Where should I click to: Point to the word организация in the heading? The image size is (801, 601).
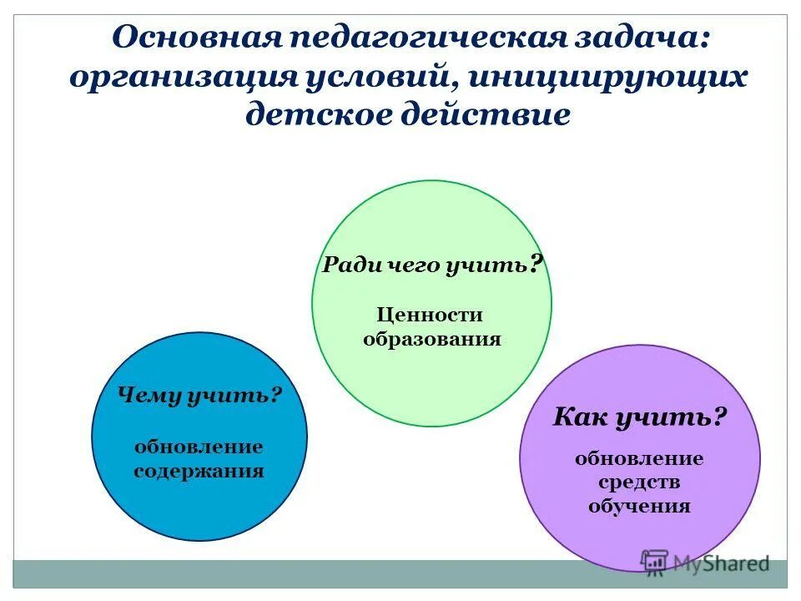coord(183,76)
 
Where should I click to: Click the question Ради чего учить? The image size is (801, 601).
coord(432,265)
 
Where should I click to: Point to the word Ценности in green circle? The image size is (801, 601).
coord(431,315)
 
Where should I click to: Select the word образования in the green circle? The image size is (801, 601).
coord(431,339)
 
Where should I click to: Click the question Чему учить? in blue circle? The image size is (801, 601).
coord(199,395)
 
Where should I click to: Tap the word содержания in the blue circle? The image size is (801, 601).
coord(199,471)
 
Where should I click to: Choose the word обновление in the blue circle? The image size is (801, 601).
coord(199,447)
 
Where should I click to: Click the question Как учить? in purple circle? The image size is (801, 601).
coord(640,417)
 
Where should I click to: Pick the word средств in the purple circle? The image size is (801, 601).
coord(639,482)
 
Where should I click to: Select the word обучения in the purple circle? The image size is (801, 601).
coord(639,506)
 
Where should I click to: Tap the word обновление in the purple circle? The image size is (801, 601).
coord(639,458)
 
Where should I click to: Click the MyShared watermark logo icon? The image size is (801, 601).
coord(654,562)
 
